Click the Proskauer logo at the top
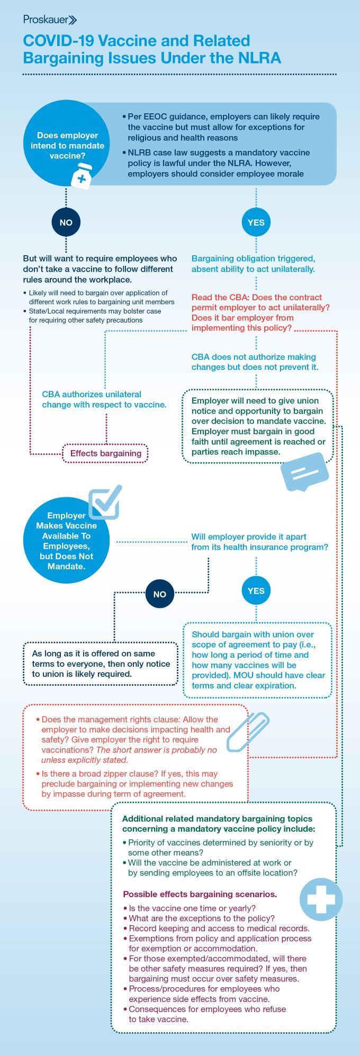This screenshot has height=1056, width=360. [50, 20]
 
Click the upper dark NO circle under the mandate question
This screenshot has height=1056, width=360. [66, 222]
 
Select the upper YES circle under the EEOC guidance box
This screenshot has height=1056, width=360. [256, 222]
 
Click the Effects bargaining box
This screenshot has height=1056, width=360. [106, 453]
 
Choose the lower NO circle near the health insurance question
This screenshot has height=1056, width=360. [159, 594]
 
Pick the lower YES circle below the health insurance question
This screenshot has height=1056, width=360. [256, 591]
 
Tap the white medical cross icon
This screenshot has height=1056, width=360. [320, 899]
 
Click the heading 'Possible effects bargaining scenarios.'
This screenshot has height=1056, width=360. [200, 894]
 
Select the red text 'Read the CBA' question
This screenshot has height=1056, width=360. [260, 312]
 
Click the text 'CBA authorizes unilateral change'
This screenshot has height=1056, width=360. [104, 399]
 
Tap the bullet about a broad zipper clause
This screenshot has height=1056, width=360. [137, 784]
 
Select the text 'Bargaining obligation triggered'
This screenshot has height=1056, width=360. [253, 264]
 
